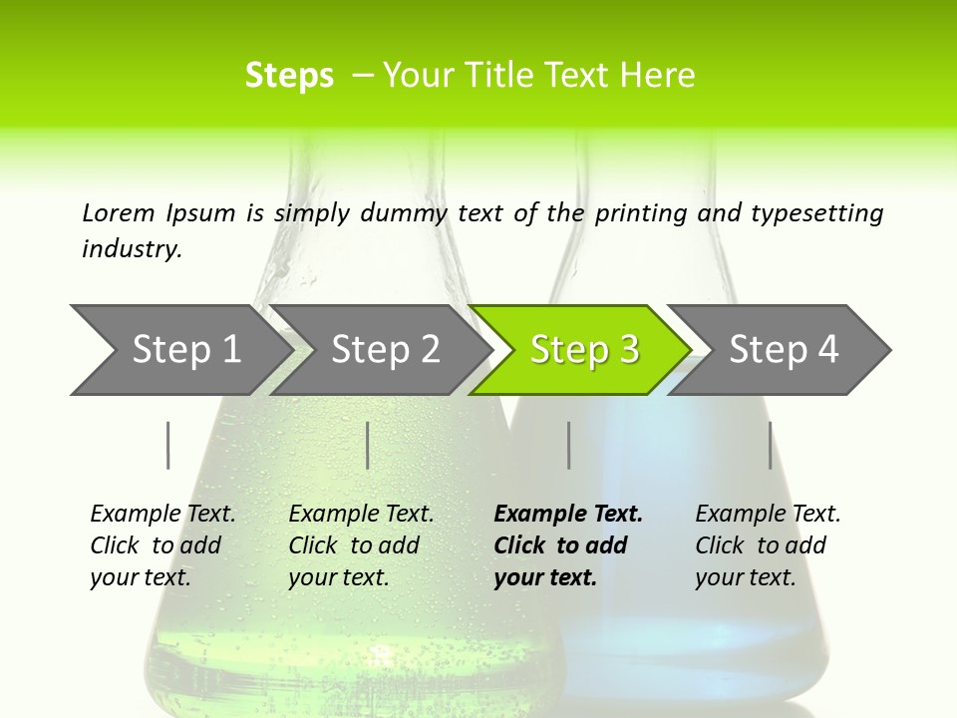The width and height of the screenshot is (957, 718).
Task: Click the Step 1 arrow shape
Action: point(184,350)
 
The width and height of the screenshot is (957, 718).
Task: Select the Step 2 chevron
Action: point(384,350)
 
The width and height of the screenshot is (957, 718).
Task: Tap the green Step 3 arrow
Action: point(583,350)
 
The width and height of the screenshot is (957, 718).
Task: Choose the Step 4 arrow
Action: point(783,350)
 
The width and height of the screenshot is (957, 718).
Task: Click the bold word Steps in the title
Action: point(289,76)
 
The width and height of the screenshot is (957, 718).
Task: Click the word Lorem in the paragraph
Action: point(119,212)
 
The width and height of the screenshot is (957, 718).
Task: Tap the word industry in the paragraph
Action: point(132,248)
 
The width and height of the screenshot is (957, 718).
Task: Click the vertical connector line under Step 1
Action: point(167,445)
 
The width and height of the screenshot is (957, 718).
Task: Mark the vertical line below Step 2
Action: point(368,445)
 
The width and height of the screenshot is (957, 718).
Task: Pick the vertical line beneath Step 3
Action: point(568,445)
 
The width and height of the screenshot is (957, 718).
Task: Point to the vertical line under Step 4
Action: point(770,445)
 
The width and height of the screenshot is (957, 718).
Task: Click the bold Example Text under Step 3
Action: point(568,515)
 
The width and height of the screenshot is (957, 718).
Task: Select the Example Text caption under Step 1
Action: point(162,515)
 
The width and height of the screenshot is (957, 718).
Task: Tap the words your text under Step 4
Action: point(745,577)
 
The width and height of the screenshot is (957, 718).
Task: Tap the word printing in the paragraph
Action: point(626,212)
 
